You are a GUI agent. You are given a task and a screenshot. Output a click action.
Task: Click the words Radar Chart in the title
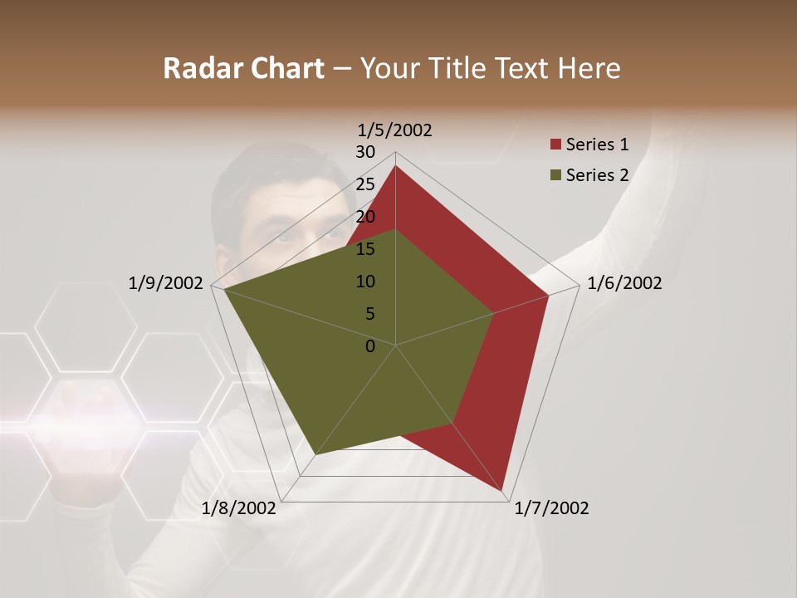242,68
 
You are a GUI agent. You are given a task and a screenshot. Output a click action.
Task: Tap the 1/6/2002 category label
624,283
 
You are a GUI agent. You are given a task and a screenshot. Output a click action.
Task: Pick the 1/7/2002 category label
551,508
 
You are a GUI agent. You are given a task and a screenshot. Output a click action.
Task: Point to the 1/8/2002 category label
239,508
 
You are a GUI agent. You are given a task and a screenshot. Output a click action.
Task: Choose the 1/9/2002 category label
166,283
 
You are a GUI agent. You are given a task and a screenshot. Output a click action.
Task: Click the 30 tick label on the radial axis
365,152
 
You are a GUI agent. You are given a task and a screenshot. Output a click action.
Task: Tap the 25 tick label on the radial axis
365,184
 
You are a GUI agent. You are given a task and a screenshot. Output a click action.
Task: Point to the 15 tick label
365,249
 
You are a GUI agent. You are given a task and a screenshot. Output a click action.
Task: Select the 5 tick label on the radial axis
370,314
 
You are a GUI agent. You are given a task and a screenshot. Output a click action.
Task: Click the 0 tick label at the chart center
370,346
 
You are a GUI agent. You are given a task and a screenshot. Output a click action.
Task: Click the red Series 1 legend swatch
555,145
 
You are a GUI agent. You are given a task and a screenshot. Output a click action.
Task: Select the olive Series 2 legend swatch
555,175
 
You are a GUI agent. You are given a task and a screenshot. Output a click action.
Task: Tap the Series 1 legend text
597,145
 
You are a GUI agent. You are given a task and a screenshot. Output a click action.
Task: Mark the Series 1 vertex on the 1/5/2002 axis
395,165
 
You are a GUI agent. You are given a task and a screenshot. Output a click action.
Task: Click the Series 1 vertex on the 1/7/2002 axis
503,491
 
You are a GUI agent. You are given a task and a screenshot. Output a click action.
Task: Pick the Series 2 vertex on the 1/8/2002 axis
315,454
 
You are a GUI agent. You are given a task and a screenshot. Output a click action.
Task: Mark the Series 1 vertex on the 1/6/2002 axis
549,295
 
